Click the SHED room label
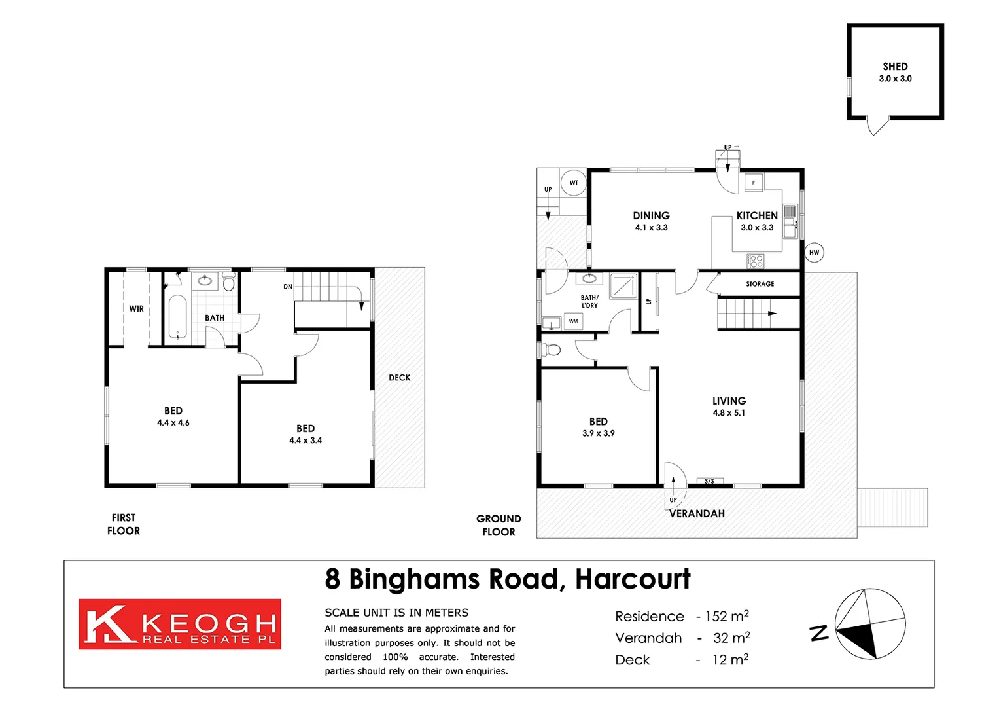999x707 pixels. [x=895, y=67]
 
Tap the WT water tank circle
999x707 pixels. [x=574, y=183]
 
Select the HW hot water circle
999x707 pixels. [x=814, y=253]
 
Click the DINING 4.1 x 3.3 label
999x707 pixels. [x=651, y=221]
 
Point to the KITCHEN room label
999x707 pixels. [x=757, y=216]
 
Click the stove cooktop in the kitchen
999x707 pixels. [x=756, y=261]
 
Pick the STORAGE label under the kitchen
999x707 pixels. [x=760, y=284]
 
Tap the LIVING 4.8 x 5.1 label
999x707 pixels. [x=729, y=407]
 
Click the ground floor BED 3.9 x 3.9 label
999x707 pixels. [x=598, y=427]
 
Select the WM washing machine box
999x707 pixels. [x=573, y=321]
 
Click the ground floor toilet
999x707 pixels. [x=551, y=350]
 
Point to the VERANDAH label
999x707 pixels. [x=697, y=514]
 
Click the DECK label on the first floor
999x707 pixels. [x=399, y=378]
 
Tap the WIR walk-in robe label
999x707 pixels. [x=136, y=309]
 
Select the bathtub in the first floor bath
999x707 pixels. [x=177, y=317]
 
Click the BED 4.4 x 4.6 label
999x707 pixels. [x=173, y=416]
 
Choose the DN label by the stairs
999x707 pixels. [x=288, y=287]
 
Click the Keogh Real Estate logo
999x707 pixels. [x=180, y=624]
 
